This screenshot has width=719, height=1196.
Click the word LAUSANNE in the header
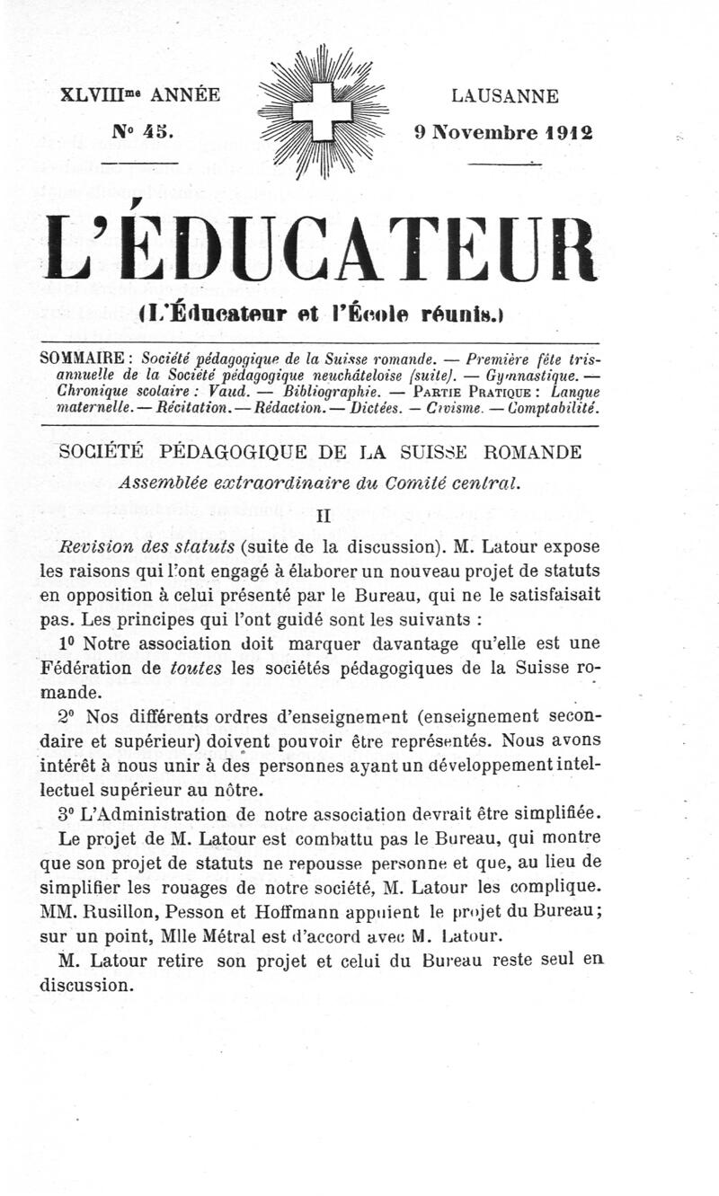(505, 96)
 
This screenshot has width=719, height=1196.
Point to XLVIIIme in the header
(102, 94)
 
